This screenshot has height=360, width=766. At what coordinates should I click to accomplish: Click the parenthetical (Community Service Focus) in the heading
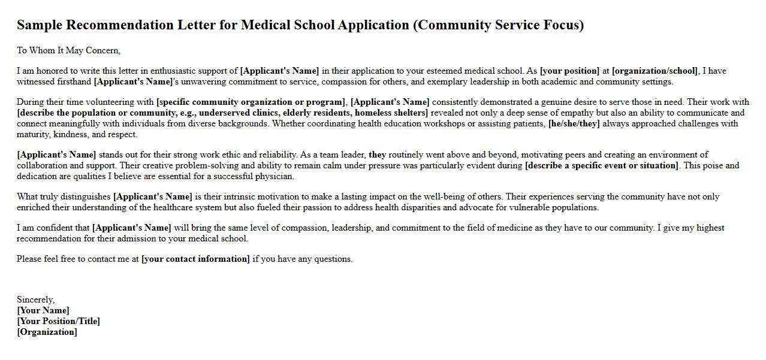click(498, 25)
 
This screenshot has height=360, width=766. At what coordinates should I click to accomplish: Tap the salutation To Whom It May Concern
click(68, 50)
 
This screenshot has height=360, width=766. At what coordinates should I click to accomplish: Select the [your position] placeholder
click(569, 71)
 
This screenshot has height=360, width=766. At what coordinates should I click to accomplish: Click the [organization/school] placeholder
click(655, 71)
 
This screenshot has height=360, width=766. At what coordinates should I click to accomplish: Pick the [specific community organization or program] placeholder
click(251, 102)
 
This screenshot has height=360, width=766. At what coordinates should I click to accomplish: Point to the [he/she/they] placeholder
click(574, 123)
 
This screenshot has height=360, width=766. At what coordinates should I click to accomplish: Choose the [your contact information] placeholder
click(195, 259)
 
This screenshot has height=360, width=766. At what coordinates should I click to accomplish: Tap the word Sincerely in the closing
click(35, 300)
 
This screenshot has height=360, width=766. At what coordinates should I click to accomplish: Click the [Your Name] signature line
click(43, 310)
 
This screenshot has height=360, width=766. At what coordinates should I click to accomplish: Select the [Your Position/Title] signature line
click(58, 321)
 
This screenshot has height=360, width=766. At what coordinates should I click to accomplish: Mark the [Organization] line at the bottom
click(47, 332)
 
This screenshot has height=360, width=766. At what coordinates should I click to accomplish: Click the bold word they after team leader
click(377, 155)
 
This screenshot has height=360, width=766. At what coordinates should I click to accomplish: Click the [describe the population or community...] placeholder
click(222, 113)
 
